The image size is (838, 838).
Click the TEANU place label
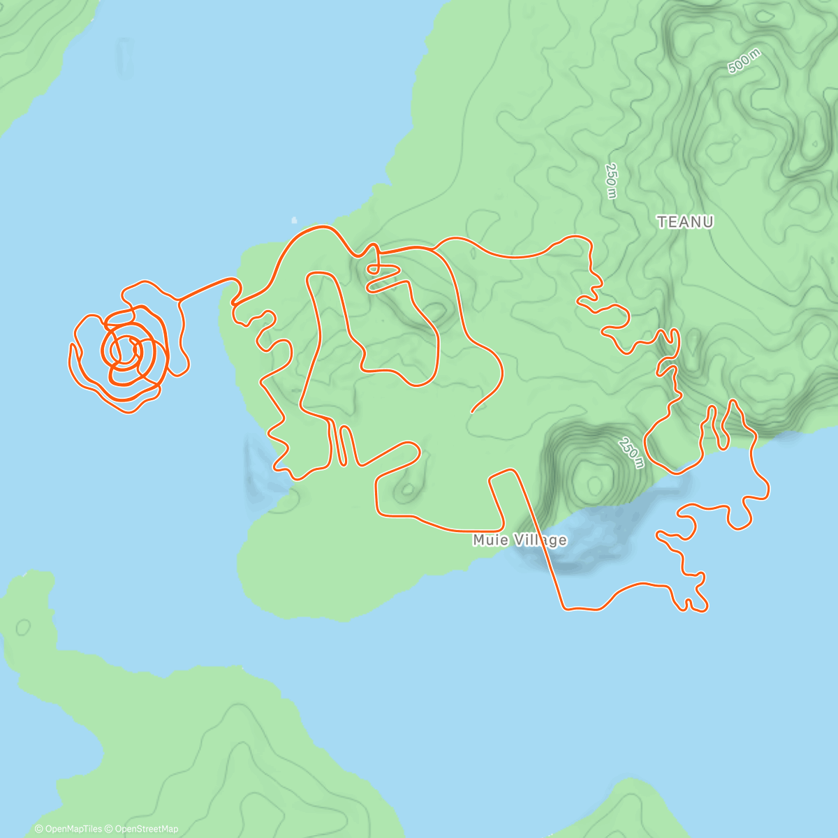click(685, 222)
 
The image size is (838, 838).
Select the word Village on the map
click(541, 540)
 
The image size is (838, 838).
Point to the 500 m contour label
click(744, 62)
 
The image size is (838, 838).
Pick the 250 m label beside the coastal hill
click(631, 453)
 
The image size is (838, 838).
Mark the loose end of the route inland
click(473, 411)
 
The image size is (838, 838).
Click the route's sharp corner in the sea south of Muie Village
click(564, 608)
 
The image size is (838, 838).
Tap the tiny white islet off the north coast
click(293, 220)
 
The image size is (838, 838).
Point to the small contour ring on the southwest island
click(22, 626)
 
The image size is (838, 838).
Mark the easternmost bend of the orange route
click(768, 488)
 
